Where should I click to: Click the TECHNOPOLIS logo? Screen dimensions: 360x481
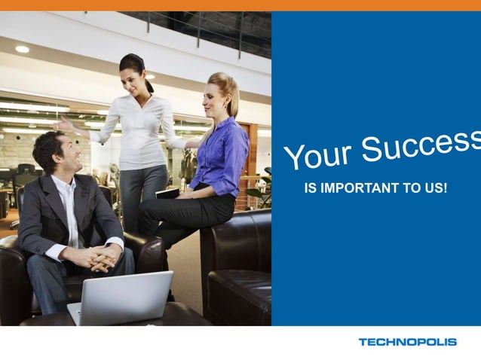pos(407,342)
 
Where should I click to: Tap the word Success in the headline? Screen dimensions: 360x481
pos(422,142)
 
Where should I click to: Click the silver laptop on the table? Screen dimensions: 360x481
pos(124,298)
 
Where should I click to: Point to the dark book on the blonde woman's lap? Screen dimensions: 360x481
pos(167,194)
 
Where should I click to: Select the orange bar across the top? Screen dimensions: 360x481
pos(240,5)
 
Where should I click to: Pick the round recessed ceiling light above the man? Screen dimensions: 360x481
pos(22,49)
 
